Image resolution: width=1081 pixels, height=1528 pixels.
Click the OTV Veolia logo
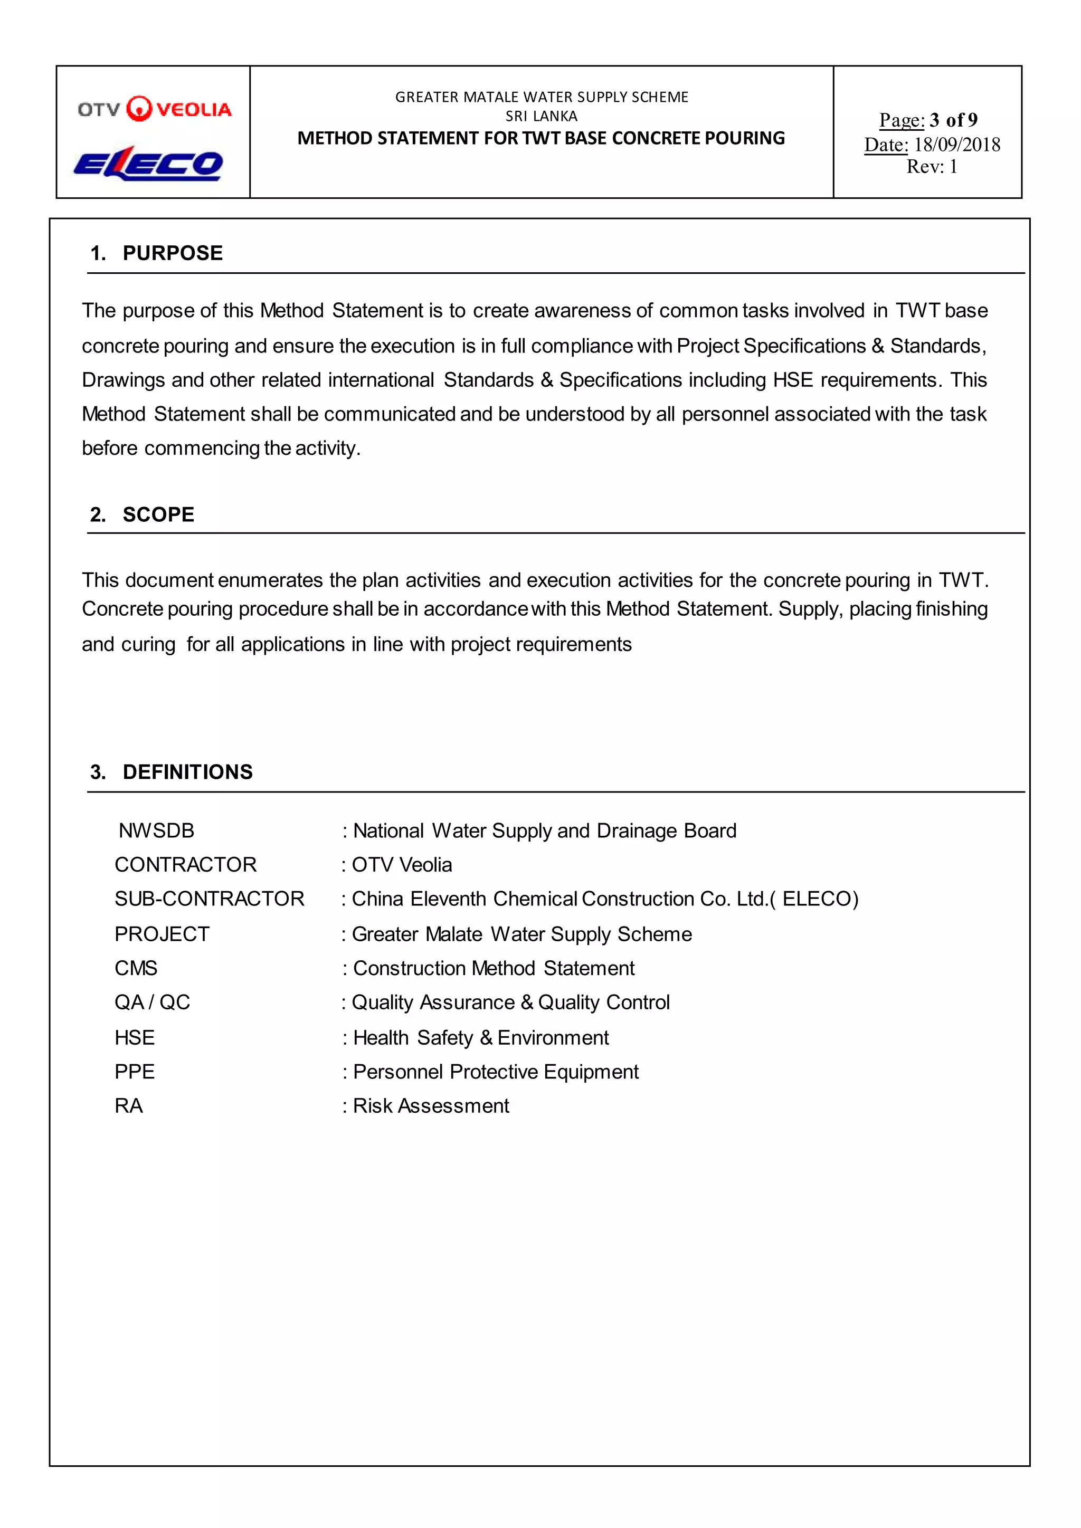point(155,109)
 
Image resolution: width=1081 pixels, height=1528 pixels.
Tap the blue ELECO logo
point(148,164)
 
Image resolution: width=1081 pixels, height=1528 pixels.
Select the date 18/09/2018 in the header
point(956,145)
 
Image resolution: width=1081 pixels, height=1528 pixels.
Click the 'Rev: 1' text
point(932,166)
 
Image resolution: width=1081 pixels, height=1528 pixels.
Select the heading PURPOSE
point(173,253)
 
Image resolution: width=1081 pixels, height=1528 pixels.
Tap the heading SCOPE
point(158,514)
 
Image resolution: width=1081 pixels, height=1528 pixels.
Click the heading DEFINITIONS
point(188,772)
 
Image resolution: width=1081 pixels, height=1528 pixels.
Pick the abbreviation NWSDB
point(156,830)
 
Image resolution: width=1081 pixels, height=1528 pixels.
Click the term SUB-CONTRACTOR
point(209,899)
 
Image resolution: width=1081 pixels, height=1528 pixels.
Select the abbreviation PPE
point(135,1072)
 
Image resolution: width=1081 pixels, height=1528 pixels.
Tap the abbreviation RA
point(128,1105)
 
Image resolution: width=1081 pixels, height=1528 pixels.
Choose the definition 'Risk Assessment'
point(431,1105)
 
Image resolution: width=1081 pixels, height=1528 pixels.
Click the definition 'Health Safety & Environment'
point(481,1037)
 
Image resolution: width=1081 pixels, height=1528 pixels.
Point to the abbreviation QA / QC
point(153,1002)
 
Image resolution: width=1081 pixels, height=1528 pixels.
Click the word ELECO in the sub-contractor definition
point(817,899)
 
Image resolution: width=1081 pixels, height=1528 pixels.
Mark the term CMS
point(136,968)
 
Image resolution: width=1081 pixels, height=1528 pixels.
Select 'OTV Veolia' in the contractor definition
point(402,864)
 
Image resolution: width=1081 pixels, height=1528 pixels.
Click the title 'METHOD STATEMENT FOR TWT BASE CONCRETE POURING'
point(541,138)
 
